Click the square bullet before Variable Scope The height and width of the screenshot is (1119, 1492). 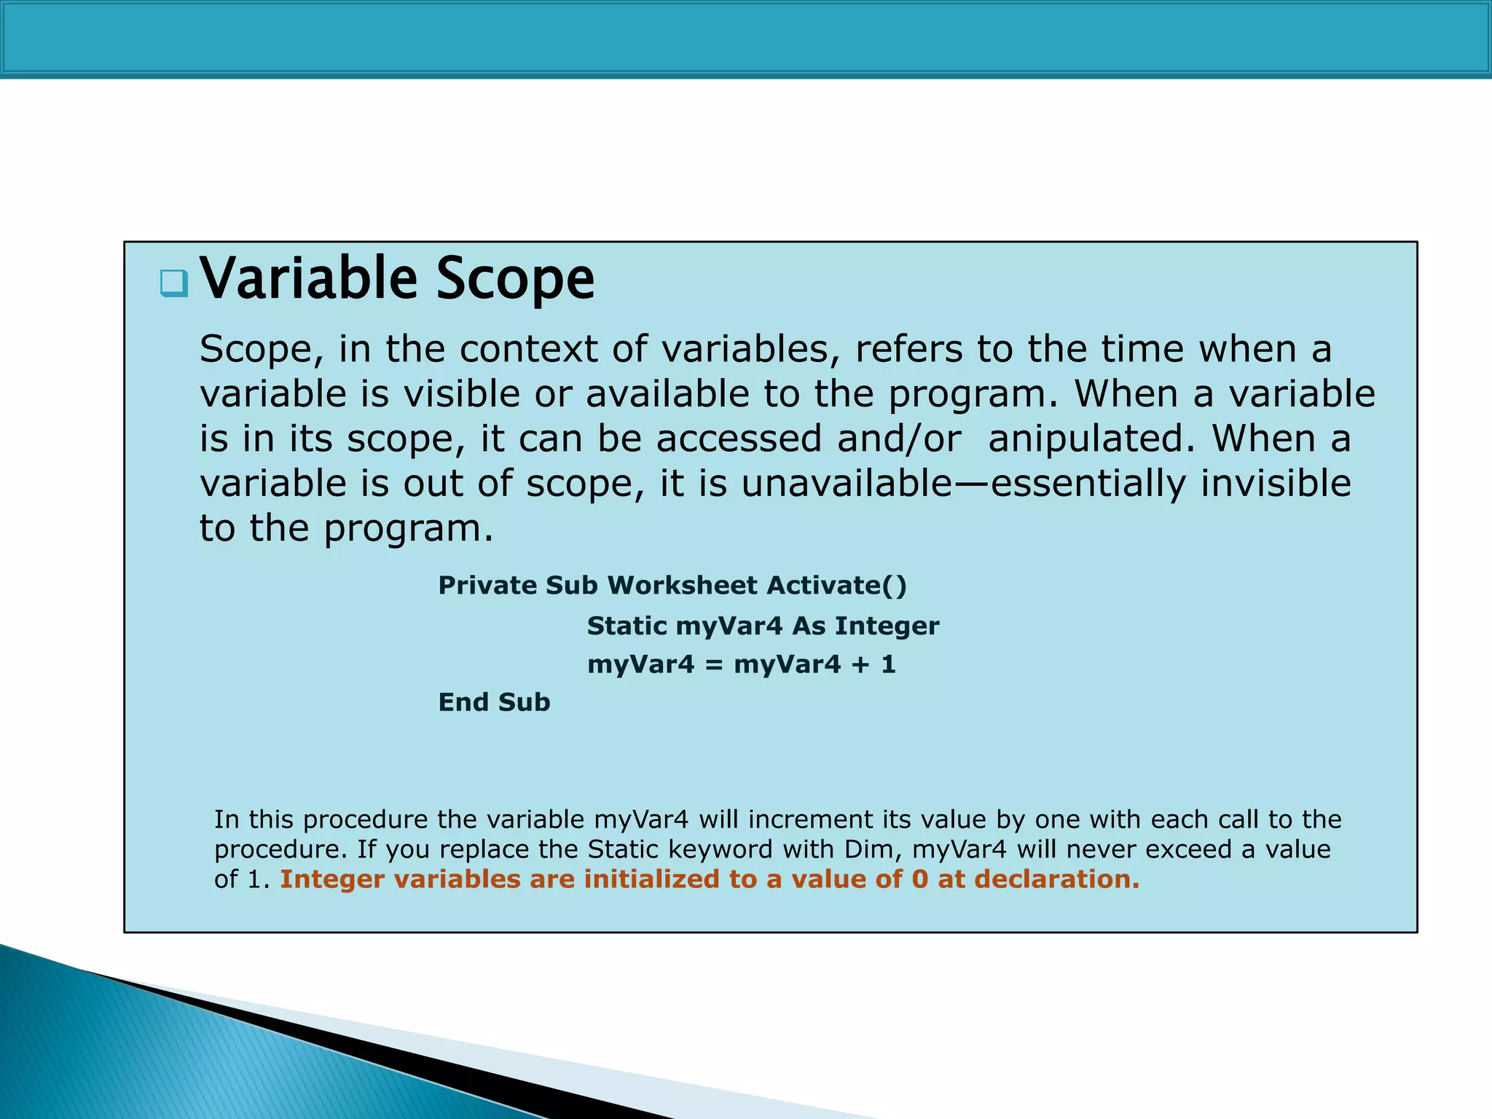(174, 283)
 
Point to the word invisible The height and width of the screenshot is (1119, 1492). (1276, 484)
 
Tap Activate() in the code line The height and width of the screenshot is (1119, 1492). (836, 586)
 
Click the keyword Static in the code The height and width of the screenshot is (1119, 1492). (627, 626)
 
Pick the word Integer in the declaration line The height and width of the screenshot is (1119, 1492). (887, 626)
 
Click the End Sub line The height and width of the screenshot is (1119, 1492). (494, 702)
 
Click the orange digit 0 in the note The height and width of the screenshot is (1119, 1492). (920, 879)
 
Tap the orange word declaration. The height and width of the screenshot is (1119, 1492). (1056, 879)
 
